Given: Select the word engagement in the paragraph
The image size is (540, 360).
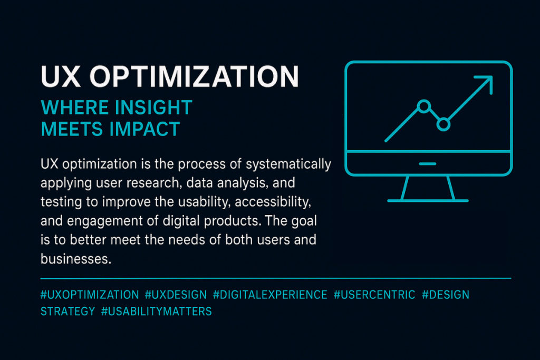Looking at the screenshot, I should point(104,221).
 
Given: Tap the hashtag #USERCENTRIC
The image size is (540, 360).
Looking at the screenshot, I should point(374,295).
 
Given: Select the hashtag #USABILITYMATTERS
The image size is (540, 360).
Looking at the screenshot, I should point(157,312).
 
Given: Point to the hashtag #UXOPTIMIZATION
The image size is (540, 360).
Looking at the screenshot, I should point(90,295).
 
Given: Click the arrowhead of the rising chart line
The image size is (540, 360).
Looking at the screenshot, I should point(486,82).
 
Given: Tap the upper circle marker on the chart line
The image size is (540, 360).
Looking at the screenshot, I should point(423,106).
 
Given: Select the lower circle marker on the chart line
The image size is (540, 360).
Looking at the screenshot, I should point(443,124).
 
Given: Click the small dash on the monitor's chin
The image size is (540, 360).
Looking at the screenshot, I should point(428,163).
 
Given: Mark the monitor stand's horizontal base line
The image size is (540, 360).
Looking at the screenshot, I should point(428,200).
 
